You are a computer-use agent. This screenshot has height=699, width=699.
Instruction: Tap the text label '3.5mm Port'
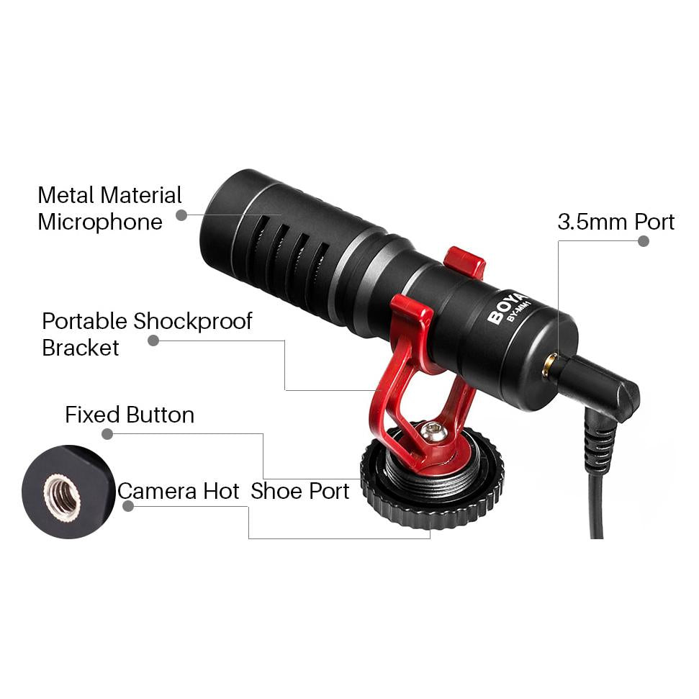click(x=615, y=222)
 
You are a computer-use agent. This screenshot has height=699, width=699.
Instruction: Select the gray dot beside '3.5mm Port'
click(x=644, y=241)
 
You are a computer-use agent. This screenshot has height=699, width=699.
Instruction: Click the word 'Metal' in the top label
click(x=66, y=195)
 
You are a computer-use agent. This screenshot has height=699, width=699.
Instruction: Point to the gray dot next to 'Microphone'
click(x=181, y=215)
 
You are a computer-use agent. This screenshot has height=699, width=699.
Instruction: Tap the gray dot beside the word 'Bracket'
click(x=153, y=341)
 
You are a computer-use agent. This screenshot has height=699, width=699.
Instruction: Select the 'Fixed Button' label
click(x=130, y=415)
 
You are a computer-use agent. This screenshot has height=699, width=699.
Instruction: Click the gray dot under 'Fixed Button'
click(x=107, y=433)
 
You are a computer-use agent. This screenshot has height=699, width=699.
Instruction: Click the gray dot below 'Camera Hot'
click(x=128, y=506)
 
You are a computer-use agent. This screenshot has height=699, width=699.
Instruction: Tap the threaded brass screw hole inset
click(x=63, y=496)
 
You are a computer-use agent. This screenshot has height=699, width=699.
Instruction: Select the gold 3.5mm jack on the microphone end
click(x=549, y=366)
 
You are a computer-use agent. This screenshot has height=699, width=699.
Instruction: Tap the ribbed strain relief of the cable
click(x=600, y=446)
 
